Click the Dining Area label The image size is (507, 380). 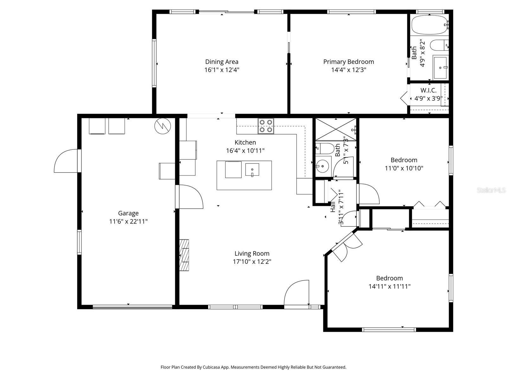221,62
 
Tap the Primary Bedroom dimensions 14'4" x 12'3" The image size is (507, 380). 349,70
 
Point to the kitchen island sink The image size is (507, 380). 252,170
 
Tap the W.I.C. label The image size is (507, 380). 428,90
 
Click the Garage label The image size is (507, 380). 128,213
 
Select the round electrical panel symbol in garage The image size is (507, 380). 163,126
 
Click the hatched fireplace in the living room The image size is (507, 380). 184,255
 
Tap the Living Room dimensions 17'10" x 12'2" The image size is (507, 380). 252,262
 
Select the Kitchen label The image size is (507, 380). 245,142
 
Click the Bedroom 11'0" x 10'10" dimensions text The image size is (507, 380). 404,168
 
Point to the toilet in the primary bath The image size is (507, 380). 439,45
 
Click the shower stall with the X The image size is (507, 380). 336,129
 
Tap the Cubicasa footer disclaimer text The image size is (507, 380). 253,367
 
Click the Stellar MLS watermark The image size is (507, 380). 491,190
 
